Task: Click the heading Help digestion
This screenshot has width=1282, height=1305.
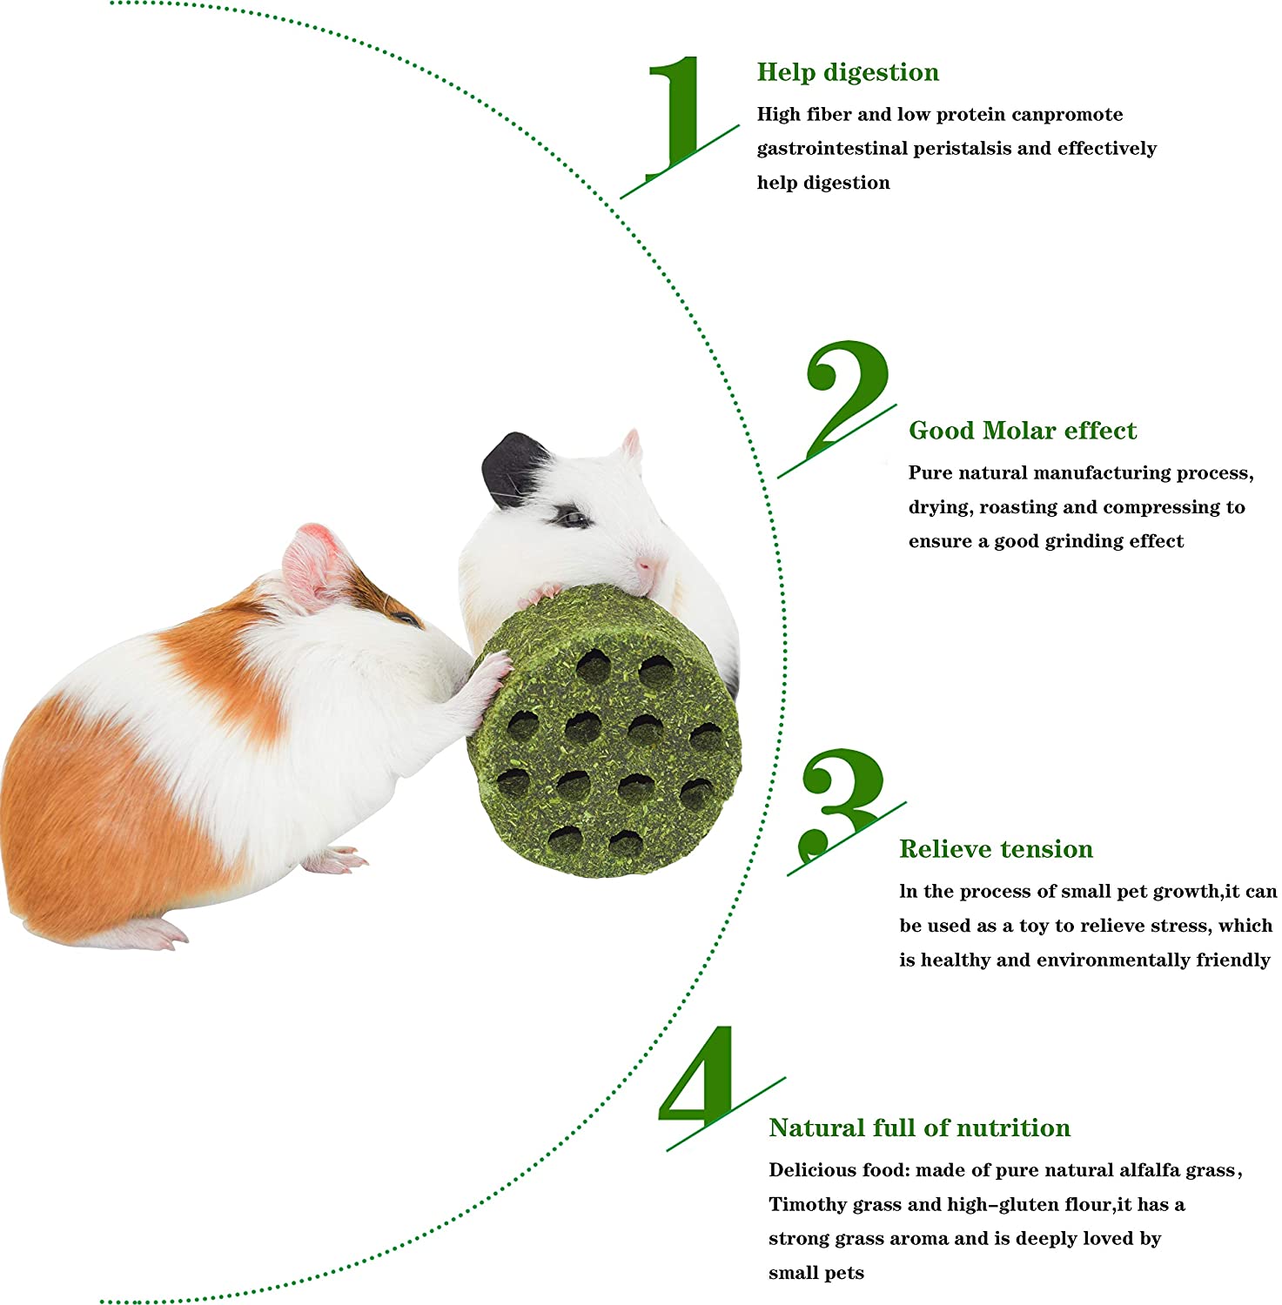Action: (x=848, y=72)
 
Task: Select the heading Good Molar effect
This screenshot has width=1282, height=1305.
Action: (x=1022, y=431)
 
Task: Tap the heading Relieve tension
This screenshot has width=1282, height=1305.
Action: (x=996, y=849)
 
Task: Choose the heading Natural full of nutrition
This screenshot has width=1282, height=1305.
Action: (x=919, y=1128)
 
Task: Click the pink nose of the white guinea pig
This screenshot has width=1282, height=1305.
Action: (x=645, y=566)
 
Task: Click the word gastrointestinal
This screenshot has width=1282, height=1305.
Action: (x=831, y=149)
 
